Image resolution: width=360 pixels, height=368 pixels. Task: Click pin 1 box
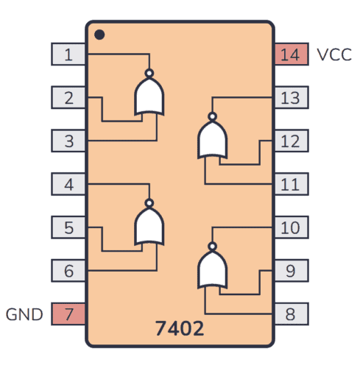pos(68,54)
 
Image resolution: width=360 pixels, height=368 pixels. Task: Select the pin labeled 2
pos(68,97)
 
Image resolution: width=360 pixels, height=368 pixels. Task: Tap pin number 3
pos(68,141)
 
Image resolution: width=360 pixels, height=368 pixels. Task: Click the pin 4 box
pos(68,184)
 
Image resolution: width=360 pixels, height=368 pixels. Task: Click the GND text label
pos(25,314)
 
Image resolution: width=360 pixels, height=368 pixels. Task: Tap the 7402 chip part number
pos(180,326)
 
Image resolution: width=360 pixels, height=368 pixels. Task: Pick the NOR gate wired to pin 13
pos(212,139)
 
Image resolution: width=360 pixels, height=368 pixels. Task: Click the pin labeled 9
pos(291,271)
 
